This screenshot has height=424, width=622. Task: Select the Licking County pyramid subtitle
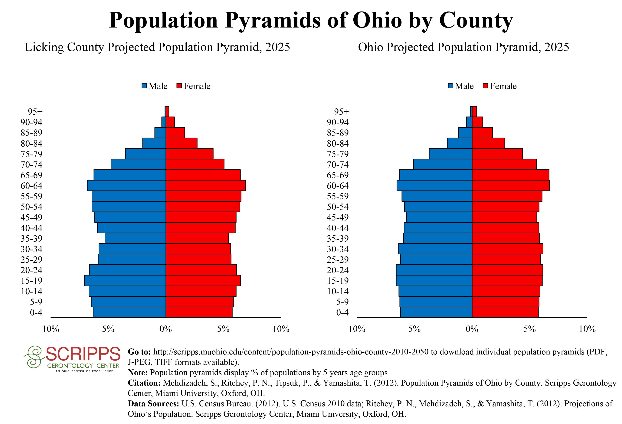pos(157,47)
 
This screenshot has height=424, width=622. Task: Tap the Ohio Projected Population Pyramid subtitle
pos(463,47)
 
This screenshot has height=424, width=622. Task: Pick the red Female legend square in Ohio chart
pos(486,86)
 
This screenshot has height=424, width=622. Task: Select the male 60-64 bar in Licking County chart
pos(126,186)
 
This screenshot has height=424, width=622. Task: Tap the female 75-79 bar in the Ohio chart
pos(497,154)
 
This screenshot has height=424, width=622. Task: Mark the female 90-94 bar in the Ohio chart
pos(477,122)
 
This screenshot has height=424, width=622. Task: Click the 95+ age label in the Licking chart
pos(35,112)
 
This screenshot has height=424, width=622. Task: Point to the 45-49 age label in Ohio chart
pos(338,217)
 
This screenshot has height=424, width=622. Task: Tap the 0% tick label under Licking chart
pos(166,329)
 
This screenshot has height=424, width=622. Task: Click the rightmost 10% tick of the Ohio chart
pos(587,329)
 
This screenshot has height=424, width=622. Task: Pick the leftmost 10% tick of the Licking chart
pos(51,329)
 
